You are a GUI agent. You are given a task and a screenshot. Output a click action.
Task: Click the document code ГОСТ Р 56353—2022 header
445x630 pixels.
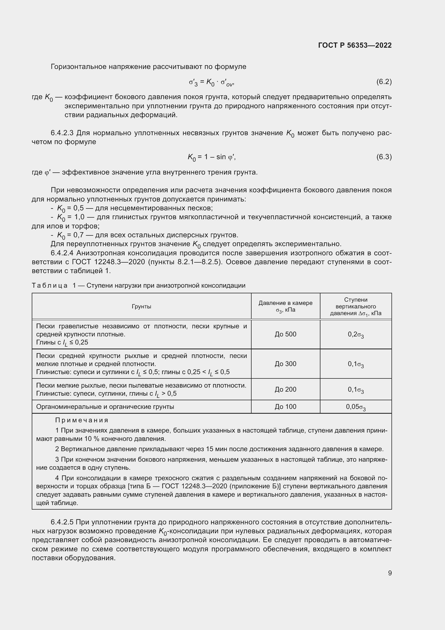pos(355,45)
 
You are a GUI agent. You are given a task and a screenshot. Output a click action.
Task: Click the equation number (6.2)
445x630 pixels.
pos(384,82)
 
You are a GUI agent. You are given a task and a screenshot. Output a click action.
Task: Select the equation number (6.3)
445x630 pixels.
pos(384,157)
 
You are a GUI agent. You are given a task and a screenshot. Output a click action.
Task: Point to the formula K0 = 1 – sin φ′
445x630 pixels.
pos(211,157)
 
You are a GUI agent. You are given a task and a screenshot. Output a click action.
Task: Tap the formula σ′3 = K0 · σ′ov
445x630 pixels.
pos(211,82)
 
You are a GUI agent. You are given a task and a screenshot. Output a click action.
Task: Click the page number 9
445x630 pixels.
pos(390,573)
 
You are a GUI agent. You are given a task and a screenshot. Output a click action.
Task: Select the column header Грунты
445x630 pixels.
pos(142,307)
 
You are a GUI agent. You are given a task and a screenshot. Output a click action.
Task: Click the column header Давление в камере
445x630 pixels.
pos(285,303)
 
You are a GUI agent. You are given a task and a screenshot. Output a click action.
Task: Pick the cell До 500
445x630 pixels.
pos(285,334)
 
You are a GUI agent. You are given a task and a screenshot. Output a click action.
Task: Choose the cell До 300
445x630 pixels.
pos(285,364)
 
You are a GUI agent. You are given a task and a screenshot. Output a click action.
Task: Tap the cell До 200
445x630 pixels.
pos(285,389)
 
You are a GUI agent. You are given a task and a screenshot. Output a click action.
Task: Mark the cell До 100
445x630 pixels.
pos(285,407)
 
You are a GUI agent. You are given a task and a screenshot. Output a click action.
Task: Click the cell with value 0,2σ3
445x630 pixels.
pos(356,335)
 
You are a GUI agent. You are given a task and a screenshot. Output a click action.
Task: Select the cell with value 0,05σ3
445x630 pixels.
pos(356,407)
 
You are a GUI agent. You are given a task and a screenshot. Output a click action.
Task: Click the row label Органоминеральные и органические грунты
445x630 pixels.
pos(105,407)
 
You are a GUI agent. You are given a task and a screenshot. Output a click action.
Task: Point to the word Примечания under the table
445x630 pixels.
pos(82,420)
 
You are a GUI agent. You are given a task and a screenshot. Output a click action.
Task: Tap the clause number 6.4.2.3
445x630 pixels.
pos(62,133)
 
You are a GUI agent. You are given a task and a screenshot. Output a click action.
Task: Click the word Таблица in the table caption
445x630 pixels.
pos(50,286)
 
